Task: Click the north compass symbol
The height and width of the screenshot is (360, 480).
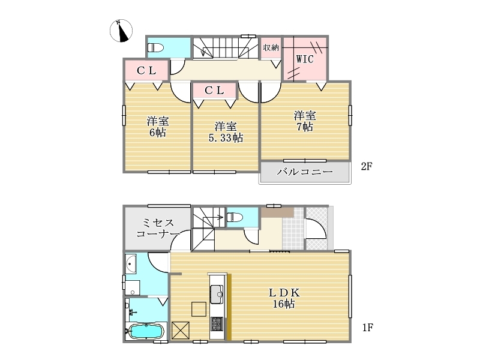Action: tap(121, 31)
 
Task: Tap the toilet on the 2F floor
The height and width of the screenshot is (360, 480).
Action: tap(156, 48)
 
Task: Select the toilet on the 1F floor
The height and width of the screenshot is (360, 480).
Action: tap(235, 218)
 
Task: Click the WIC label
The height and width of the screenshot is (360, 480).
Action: tap(305, 59)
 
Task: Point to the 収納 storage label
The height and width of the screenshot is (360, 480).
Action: tap(271, 47)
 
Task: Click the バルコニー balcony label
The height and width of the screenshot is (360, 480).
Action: tap(305, 172)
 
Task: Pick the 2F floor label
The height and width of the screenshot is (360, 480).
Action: tap(367, 166)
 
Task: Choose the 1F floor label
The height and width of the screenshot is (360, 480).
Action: tap(368, 328)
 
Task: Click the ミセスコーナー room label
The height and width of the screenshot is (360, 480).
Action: tap(158, 229)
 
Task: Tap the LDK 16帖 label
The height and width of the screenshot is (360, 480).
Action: tap(284, 298)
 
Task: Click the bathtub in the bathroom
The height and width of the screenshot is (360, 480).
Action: tap(146, 332)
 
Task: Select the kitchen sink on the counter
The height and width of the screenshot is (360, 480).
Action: tap(217, 294)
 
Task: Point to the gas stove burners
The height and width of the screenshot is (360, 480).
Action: tap(217, 323)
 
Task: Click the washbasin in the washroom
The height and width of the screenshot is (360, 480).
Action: tap(130, 264)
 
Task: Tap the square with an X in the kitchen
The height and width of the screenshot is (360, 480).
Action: tap(181, 331)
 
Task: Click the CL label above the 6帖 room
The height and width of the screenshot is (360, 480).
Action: tap(146, 71)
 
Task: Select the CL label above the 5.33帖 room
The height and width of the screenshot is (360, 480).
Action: tap(214, 91)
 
